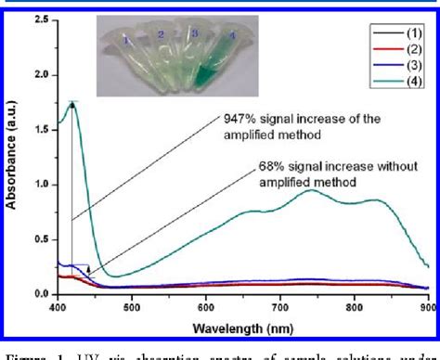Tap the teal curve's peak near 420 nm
pos(72,104)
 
